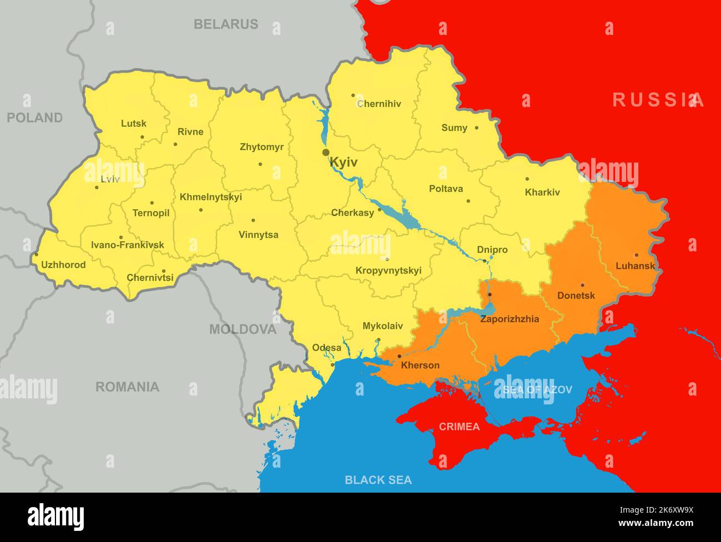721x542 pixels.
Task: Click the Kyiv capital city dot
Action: [326, 153]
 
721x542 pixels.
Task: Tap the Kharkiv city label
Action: [542, 193]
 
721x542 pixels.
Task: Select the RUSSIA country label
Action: [658, 100]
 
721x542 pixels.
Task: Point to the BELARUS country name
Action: [226, 24]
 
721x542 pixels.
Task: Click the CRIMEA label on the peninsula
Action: [459, 427]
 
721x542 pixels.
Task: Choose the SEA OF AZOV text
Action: [537, 389]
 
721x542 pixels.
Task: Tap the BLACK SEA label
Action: [378, 480]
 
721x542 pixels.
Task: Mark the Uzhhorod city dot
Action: [37, 255]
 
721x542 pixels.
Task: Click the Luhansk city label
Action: [635, 266]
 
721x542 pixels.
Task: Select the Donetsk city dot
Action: [582, 285]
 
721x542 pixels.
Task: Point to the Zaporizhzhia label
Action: [509, 319]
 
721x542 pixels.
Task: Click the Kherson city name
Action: [420, 365]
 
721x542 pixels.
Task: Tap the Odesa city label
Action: [327, 348]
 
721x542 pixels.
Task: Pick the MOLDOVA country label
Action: [242, 330]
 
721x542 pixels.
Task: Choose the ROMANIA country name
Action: [127, 387]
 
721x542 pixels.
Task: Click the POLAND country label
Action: [34, 118]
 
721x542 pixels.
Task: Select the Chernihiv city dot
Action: [353, 95]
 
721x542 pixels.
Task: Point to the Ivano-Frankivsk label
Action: [128, 245]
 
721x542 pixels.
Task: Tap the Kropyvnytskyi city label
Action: [388, 271]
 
